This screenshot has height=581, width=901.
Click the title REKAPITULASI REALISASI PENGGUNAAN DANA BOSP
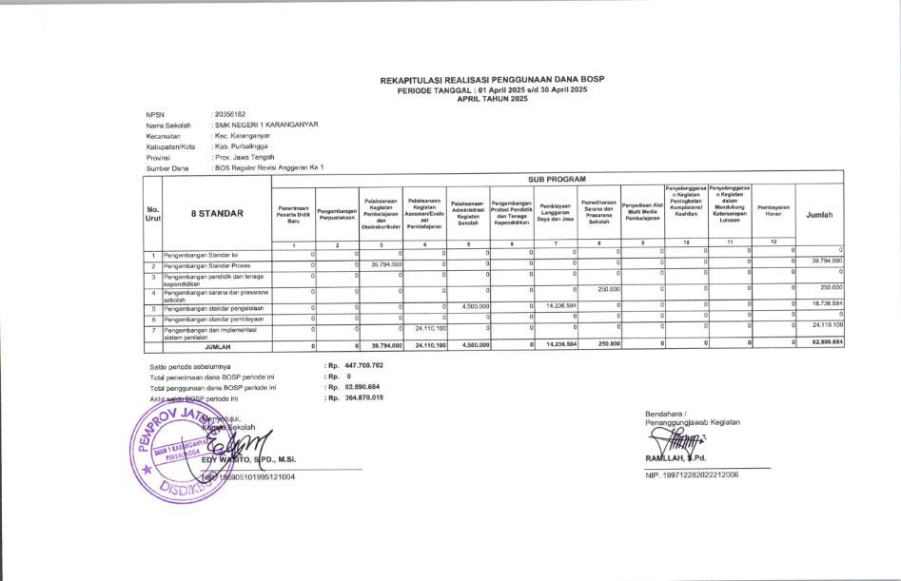tap(492, 82)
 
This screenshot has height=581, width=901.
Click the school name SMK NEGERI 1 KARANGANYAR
tap(266, 125)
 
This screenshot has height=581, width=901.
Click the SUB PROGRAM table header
tap(557, 178)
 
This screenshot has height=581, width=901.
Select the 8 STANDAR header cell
tap(217, 215)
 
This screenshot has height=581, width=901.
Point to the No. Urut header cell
tap(152, 215)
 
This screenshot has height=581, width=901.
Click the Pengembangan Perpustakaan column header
tap(337, 215)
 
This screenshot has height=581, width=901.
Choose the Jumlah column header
tap(819, 215)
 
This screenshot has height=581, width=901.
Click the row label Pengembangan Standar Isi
tap(203, 255)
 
